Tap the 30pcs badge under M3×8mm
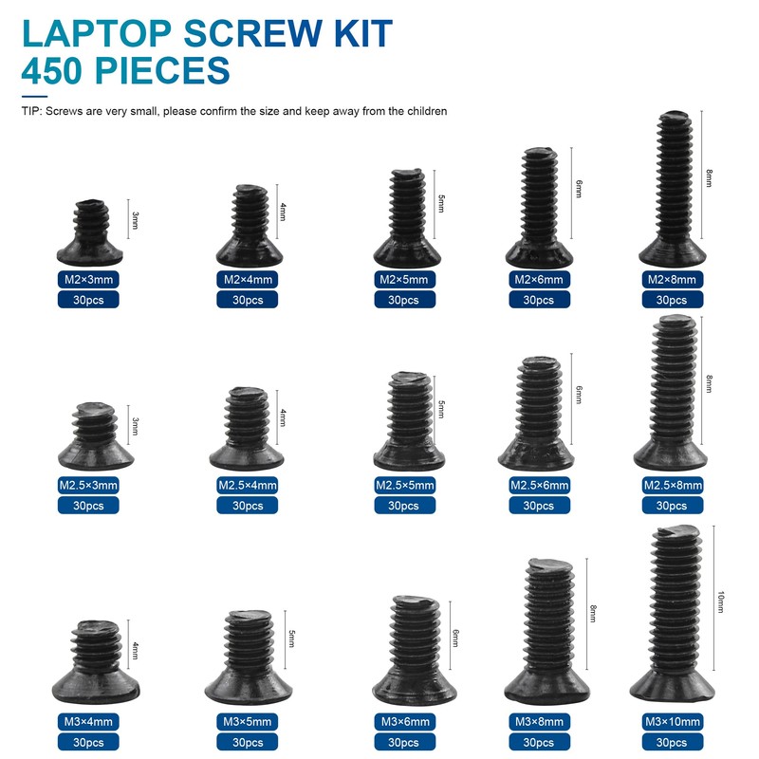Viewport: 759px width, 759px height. tap(539, 742)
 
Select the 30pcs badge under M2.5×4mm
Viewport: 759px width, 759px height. tap(249, 506)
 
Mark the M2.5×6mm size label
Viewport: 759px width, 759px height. tap(539, 486)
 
